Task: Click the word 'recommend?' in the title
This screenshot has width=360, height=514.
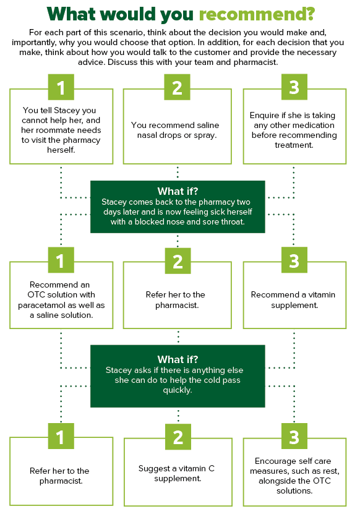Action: pyautogui.click(x=257, y=14)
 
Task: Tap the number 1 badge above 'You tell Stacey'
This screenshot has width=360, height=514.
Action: pyautogui.click(x=61, y=87)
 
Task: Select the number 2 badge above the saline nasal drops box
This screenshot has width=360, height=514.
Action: pyautogui.click(x=177, y=87)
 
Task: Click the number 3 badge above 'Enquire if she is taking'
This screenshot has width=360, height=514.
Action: pyautogui.click(x=294, y=87)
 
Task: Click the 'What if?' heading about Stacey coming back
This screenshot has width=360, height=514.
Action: pyautogui.click(x=178, y=191)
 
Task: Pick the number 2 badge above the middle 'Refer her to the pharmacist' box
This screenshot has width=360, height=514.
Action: pyautogui.click(x=178, y=261)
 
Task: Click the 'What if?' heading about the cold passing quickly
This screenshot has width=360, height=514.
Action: pyautogui.click(x=178, y=359)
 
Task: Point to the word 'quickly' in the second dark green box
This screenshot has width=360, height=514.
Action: pyautogui.click(x=178, y=390)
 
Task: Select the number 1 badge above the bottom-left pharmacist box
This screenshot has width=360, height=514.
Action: pyautogui.click(x=61, y=436)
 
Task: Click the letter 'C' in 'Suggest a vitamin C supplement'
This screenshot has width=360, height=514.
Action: pyautogui.click(x=212, y=468)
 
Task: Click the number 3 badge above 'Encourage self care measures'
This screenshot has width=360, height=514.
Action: pyautogui.click(x=294, y=436)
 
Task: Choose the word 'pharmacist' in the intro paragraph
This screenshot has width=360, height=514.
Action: pyautogui.click(x=255, y=62)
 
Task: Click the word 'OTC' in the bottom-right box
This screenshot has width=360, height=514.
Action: pyautogui.click(x=322, y=481)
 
